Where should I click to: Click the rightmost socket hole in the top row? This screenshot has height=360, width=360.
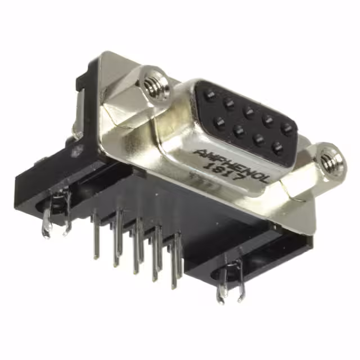click(288, 128)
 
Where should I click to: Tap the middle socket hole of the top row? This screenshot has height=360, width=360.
click(249, 111)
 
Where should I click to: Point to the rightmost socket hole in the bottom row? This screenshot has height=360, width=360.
click(277, 148)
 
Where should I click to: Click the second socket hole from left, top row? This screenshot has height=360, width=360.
click(229, 103)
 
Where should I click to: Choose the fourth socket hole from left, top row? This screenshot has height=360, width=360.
click(268, 119)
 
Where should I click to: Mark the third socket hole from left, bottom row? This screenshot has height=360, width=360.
click(258, 139)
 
